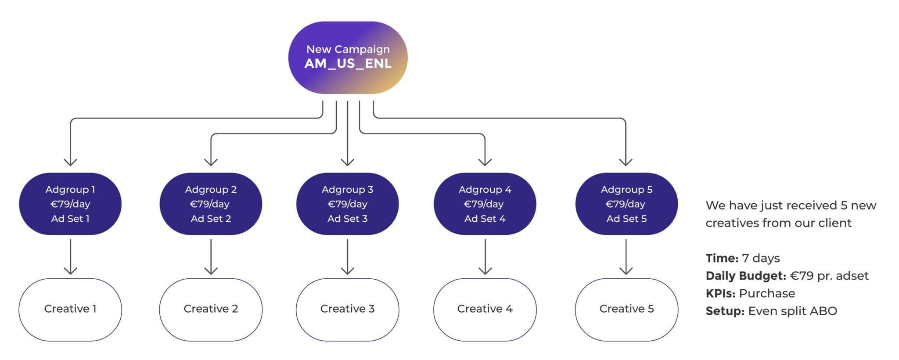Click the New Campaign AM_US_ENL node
point(348,57)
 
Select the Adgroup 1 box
point(70,204)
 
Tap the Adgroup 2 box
point(211,204)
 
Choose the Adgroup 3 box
point(347,204)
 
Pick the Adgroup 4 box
point(485,204)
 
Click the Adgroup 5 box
point(626,204)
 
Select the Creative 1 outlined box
point(70,309)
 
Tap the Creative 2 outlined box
point(211,309)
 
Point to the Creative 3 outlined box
point(347,309)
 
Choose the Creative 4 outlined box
point(485,309)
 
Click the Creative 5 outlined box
point(626,309)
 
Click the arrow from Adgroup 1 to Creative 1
point(70,257)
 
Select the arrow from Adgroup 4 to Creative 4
point(485,257)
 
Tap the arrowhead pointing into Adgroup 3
point(347,162)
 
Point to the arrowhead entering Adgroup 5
point(626,162)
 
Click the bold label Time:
point(722,258)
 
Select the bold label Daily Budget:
point(745,276)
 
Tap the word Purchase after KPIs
point(767,293)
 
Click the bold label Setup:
point(725,311)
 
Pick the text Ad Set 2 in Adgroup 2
point(211,219)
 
